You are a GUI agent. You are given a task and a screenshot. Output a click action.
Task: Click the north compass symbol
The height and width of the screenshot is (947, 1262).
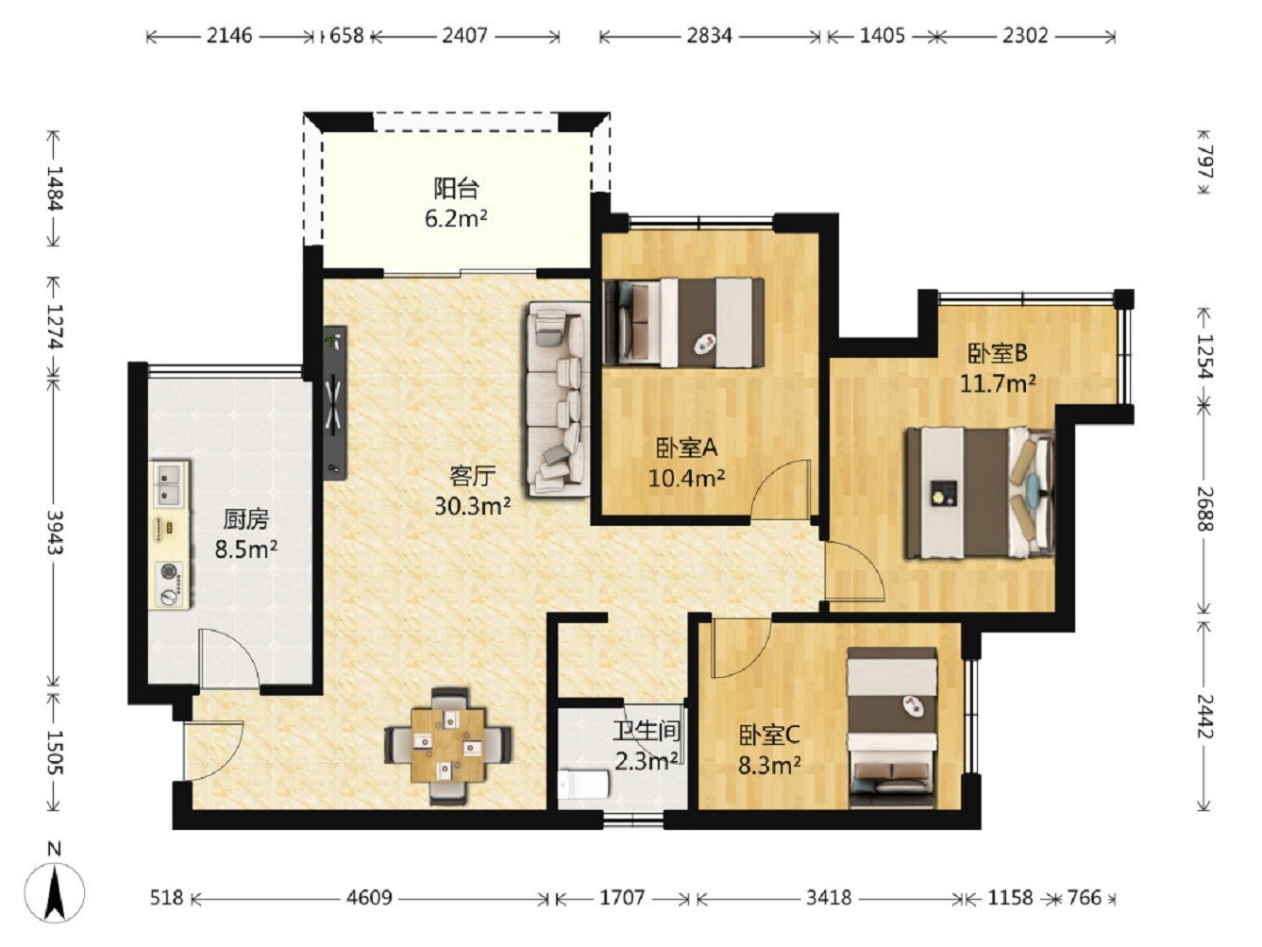click(55, 892)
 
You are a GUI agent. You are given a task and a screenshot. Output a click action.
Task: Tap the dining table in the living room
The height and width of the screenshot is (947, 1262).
click(448, 745)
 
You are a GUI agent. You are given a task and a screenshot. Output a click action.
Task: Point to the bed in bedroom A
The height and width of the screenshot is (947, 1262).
click(683, 322)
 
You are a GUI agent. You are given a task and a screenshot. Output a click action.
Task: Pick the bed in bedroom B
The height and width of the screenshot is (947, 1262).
click(981, 493)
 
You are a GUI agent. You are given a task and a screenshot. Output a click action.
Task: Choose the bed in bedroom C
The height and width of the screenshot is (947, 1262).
click(893, 727)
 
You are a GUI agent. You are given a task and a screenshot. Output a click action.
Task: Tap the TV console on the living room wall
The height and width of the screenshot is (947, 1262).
click(335, 402)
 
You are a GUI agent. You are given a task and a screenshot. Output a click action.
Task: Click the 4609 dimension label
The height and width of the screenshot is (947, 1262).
click(369, 898)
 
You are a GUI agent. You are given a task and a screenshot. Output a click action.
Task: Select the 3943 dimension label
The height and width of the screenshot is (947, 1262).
click(55, 532)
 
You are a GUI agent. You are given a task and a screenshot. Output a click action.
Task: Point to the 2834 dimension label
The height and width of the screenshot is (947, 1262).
click(710, 36)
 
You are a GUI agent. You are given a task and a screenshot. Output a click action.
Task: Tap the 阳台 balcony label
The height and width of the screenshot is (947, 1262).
click(457, 188)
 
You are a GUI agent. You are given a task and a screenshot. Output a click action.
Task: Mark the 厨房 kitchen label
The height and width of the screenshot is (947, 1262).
click(246, 520)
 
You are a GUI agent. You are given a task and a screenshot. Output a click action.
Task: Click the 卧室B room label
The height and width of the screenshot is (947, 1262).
click(998, 354)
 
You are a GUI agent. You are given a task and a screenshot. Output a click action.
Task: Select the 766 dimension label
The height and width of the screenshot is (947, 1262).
click(1084, 898)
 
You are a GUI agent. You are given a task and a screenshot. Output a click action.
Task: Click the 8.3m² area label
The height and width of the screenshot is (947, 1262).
click(769, 766)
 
